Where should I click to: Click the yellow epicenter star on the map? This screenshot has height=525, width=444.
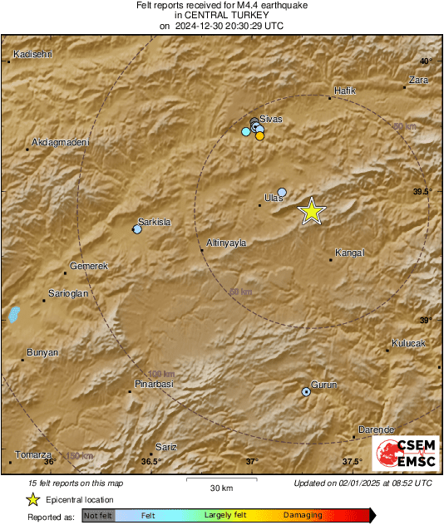coord(311,211)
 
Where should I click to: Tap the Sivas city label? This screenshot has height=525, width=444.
coord(271,119)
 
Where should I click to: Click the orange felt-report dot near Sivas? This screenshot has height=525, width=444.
coord(259,136)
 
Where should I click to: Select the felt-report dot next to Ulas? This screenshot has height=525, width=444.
coord(282,193)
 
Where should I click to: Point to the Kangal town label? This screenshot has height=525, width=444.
coord(349,253)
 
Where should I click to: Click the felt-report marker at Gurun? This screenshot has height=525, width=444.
coord(306,391)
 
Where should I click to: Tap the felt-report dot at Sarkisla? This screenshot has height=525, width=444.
coord(137,229)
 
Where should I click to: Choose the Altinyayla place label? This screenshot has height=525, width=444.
coord(228,243)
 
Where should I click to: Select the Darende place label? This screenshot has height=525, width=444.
coord(375,429)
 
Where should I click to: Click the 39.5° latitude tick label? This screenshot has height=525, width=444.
coord(422,191)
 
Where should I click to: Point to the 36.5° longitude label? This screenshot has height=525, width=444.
coord(150,461)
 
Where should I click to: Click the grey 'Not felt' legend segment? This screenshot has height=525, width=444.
coord(99,516)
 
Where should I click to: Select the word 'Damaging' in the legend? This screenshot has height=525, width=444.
coord(303,516)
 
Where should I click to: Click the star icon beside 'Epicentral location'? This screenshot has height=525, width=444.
coord(32,500)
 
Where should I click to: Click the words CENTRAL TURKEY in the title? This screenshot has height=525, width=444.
coord(221,15)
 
